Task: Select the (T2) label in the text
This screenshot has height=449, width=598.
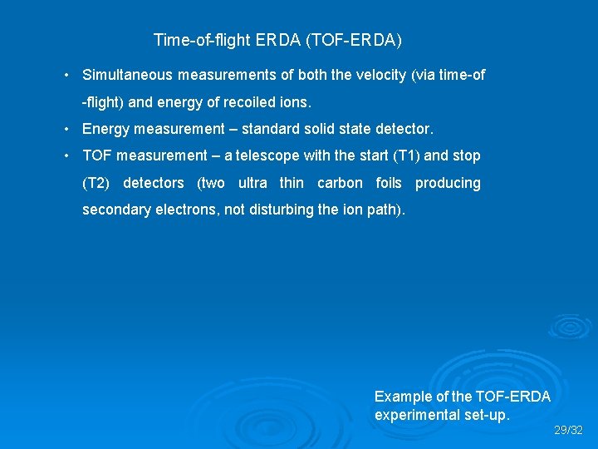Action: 96,183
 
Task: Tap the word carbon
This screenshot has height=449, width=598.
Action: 340,183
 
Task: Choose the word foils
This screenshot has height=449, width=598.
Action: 389,183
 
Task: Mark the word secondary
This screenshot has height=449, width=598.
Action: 115,210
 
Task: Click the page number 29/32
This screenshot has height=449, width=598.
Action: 569,431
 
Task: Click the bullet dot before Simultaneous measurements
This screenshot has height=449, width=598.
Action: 66,76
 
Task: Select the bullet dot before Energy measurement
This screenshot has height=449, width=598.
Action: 66,129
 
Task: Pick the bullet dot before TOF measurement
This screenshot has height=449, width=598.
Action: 66,155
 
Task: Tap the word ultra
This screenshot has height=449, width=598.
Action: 252,183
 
